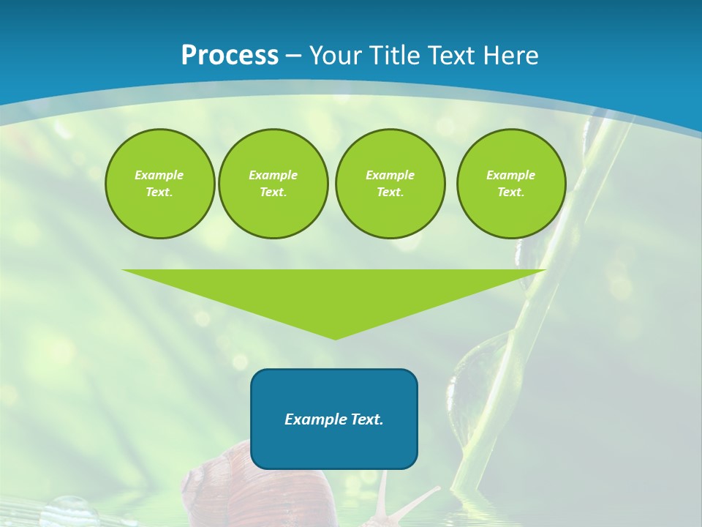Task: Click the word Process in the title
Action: (x=230, y=56)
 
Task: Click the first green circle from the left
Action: (x=159, y=184)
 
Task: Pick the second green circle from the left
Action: (x=273, y=184)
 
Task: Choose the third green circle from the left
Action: (x=390, y=184)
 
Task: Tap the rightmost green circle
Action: (x=510, y=184)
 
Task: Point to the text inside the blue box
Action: (x=333, y=419)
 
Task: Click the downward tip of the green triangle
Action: (x=335, y=337)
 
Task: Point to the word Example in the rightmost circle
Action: (x=510, y=175)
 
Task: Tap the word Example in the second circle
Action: (x=273, y=175)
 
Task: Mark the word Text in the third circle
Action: (x=389, y=193)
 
